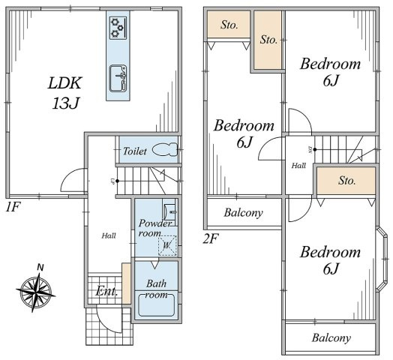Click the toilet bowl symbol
[x=164, y=149]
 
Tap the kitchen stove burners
[x=118, y=28]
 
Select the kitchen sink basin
[x=118, y=79]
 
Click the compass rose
[x=36, y=291]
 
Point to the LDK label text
[x=65, y=83]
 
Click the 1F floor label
[x=13, y=207]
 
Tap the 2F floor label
[x=211, y=238]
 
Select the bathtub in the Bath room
[x=157, y=304]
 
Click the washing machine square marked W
[x=167, y=245]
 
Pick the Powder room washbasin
[x=169, y=211]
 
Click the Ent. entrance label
[x=106, y=291]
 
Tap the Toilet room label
[x=134, y=151]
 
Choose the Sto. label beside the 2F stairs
[x=347, y=180]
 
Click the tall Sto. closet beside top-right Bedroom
[x=268, y=40]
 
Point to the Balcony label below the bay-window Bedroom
[x=331, y=338]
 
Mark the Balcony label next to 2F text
[x=243, y=212]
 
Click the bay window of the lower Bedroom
[x=382, y=259]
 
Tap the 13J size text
[x=66, y=103]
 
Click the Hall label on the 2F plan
[x=298, y=166]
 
